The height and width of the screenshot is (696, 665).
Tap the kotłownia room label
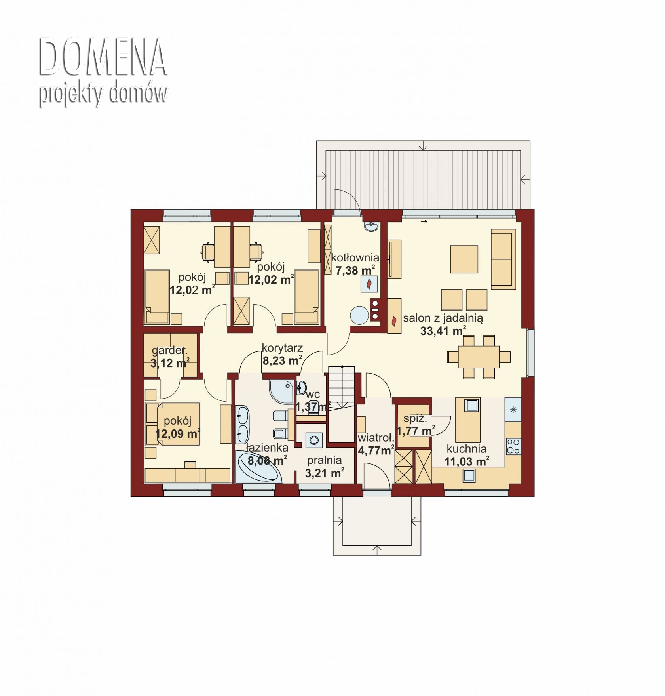pos(355,257)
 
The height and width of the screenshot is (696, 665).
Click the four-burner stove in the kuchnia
pos(513,446)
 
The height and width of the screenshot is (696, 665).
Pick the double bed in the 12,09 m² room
pos(173,424)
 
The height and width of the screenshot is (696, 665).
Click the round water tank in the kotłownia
pos(360,315)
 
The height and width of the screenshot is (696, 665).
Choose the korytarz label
pos(282,348)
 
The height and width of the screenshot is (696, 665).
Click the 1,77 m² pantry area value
pos(416,431)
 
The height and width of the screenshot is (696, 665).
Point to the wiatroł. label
pos(376,438)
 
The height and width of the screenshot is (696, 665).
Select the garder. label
pos(169,350)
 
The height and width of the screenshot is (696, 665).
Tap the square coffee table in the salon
pos(464,259)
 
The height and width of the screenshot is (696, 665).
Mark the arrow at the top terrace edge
pos(424,145)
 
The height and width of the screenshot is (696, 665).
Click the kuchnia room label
pos(466,449)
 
